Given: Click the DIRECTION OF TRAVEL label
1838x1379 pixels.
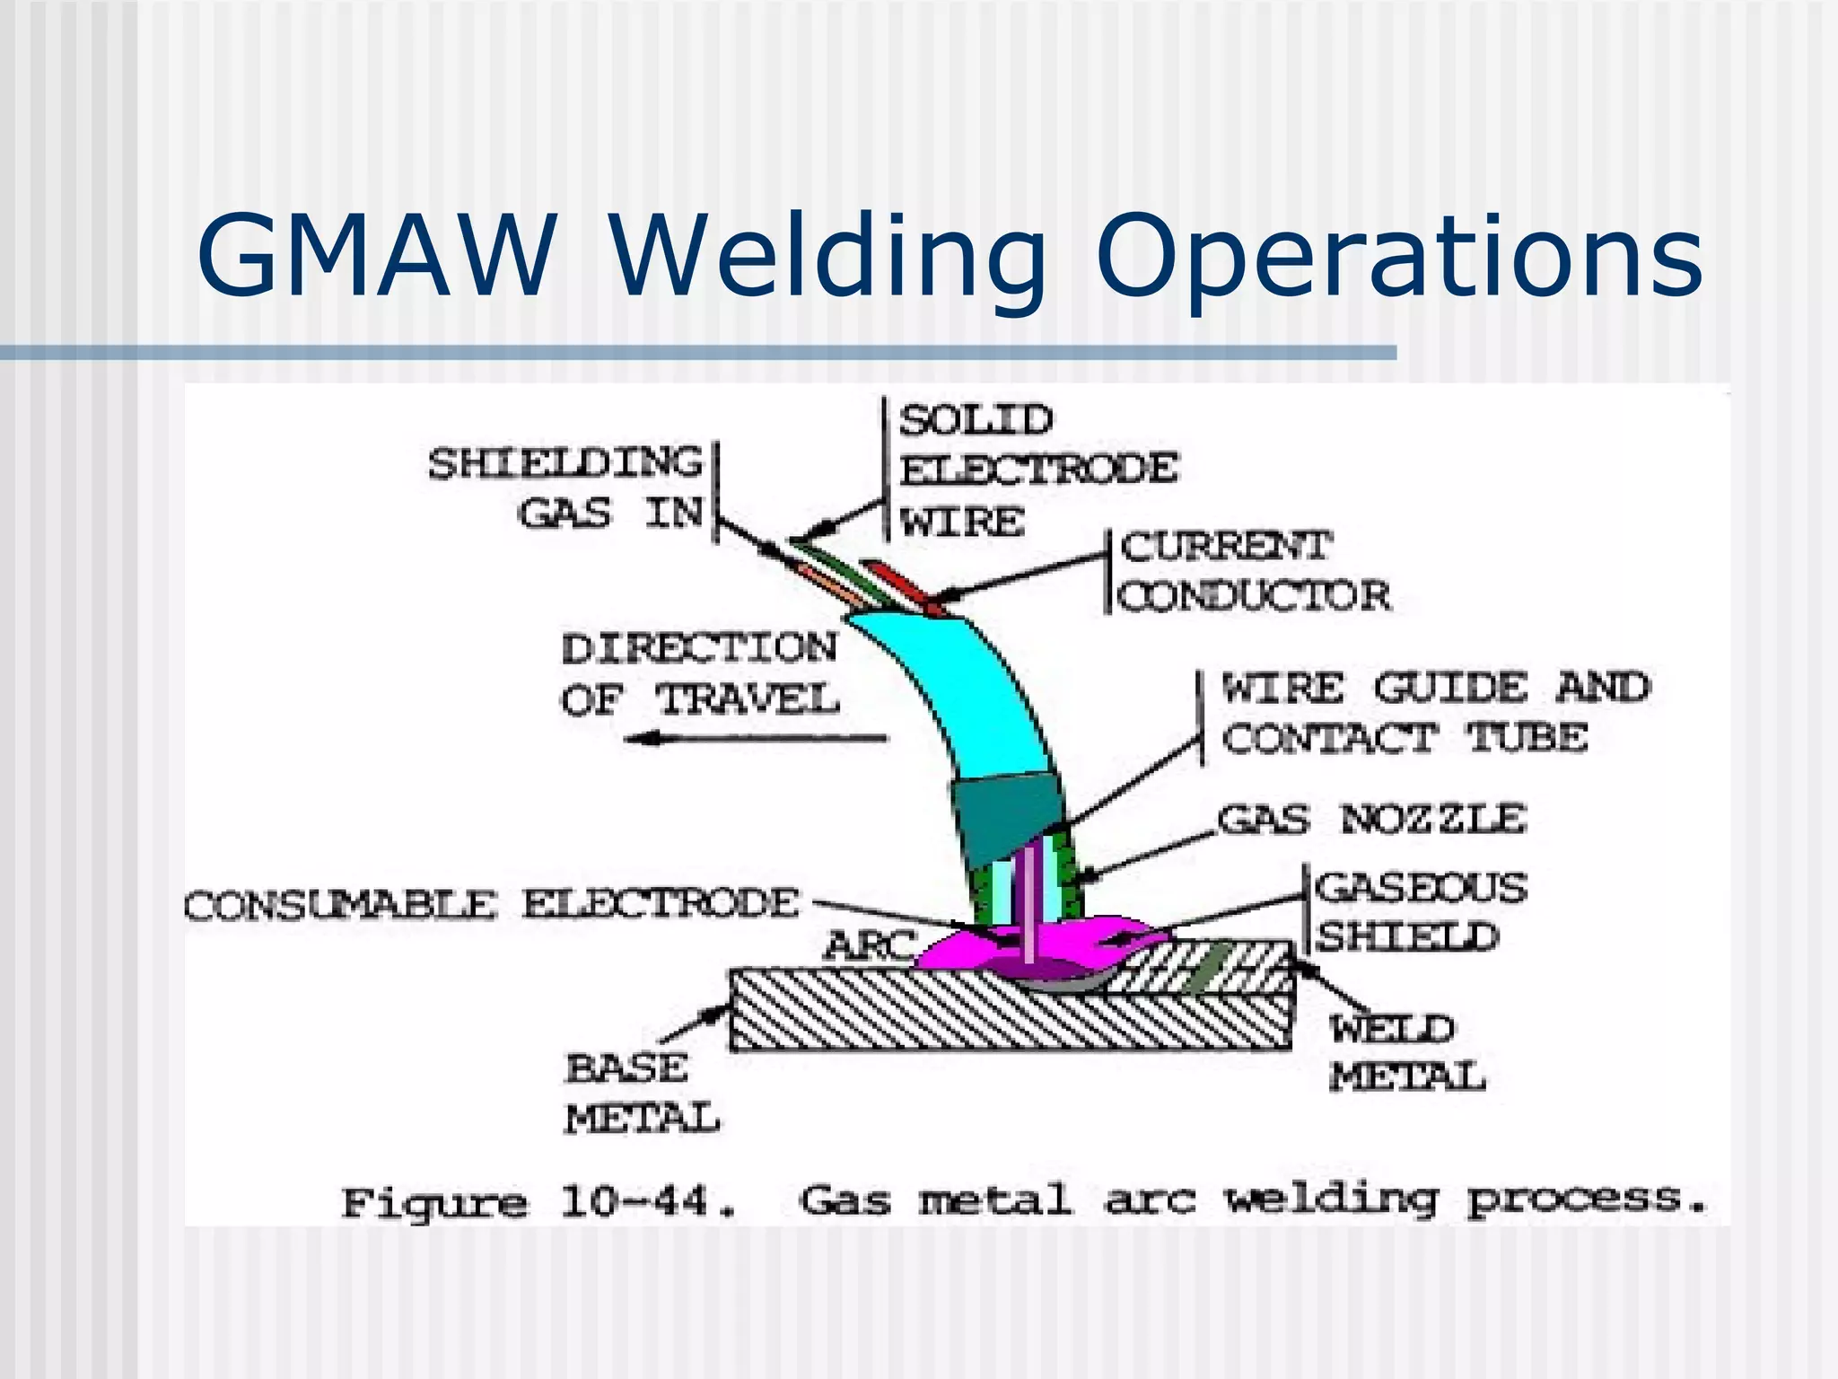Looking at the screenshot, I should [700, 673].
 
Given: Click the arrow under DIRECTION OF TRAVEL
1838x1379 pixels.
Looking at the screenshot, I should [754, 739].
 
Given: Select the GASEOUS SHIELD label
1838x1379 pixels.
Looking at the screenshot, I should [1418, 911].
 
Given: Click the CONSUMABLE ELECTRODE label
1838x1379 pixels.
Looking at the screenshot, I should [491, 904].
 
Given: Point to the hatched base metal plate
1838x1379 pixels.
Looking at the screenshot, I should [897, 1014].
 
